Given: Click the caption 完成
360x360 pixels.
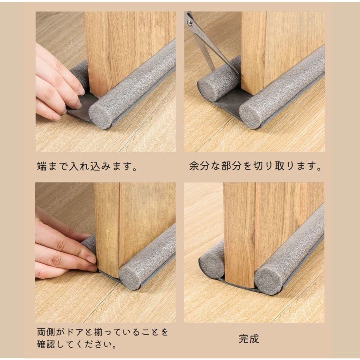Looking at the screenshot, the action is point(249,339).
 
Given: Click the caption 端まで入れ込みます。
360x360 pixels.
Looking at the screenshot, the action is point(87,166).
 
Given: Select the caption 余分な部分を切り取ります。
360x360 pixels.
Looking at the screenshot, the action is point(255,166).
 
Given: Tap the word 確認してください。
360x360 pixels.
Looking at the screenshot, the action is point(77,344).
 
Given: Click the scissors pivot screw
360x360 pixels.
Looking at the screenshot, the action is point(190,22).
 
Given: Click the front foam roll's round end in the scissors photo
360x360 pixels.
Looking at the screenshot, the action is point(250,117).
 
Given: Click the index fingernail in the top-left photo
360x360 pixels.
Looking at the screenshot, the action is point(81,91).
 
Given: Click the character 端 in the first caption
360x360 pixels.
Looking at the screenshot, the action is point(42,166).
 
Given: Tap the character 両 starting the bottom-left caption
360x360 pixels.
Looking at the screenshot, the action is point(42,332).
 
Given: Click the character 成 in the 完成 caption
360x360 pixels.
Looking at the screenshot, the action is point(254,339).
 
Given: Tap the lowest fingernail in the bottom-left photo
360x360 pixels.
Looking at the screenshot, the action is point(92,268).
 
